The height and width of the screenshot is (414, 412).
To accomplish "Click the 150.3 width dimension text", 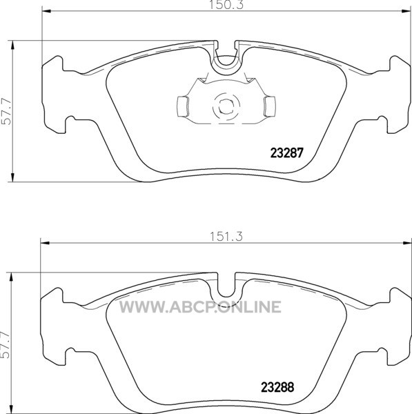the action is tap(226, 5).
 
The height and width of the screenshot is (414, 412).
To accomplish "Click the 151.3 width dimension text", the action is tap(226, 237).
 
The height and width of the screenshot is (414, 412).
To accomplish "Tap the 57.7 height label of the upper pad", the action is tap(6, 111).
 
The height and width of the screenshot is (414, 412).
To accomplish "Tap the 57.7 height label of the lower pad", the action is tap(6, 345).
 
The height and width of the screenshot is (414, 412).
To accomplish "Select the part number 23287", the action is tap(287, 152).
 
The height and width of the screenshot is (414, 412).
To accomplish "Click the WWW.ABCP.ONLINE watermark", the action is tap(200, 307).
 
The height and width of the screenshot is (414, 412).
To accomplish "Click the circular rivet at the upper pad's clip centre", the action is tap(226, 106).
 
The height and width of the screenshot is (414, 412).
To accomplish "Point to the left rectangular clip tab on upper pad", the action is tap(182, 106).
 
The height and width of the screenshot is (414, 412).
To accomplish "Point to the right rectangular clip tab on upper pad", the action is tap(270, 106).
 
